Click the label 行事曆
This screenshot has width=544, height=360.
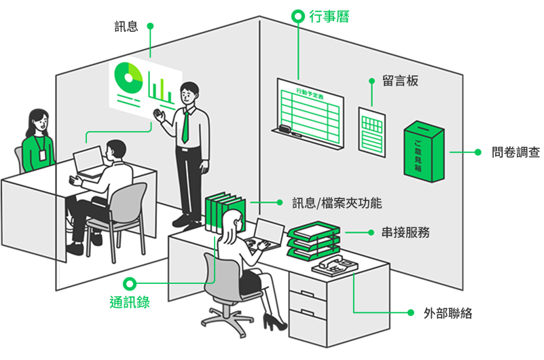click(x=329, y=16)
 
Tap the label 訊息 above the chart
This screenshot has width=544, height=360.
click(x=126, y=26)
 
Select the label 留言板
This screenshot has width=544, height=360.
click(x=400, y=81)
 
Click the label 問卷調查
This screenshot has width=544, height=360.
click(x=516, y=152)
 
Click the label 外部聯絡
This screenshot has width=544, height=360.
click(x=448, y=313)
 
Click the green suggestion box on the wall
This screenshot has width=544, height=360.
click(x=424, y=152)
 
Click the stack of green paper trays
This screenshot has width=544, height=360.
click(x=313, y=240)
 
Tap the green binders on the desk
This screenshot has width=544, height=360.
click(x=225, y=209)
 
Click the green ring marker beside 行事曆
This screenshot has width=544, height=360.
click(x=297, y=16)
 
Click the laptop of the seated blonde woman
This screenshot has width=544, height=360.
click(x=268, y=234)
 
